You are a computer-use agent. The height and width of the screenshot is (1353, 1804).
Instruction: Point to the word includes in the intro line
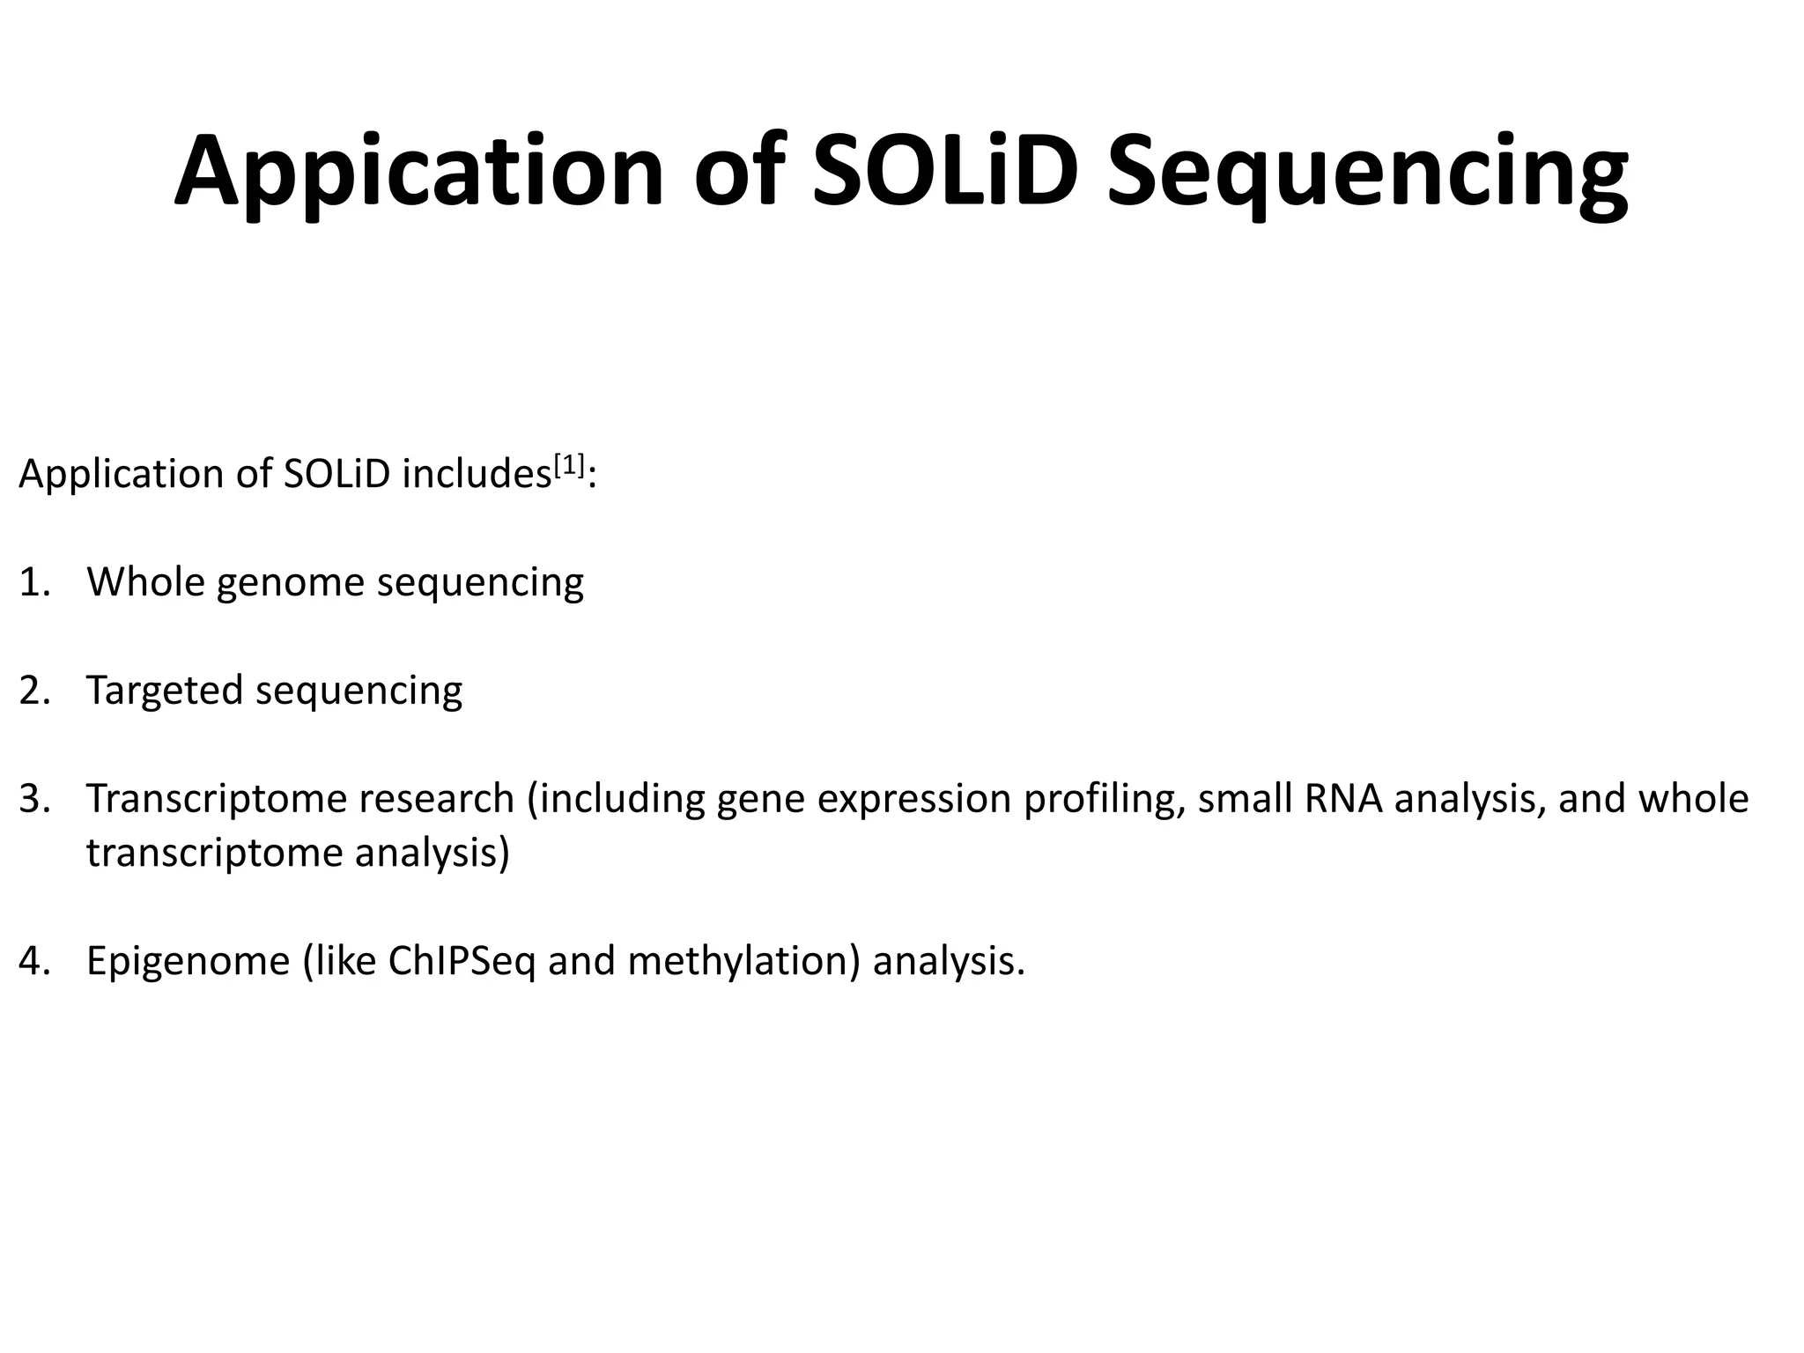point(476,475)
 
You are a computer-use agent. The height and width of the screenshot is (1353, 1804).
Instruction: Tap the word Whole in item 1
point(145,582)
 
